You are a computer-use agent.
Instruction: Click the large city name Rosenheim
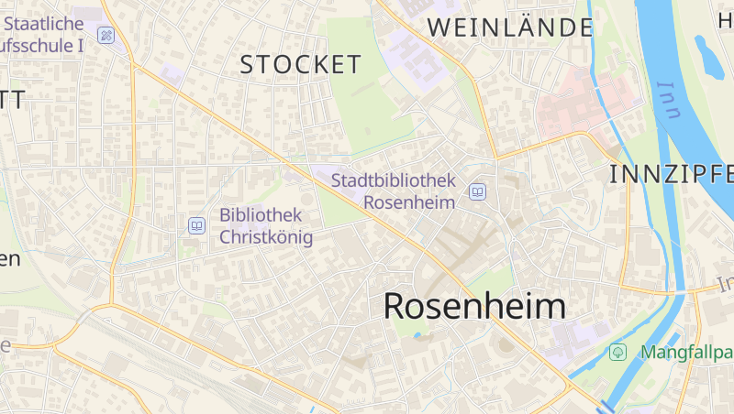click(x=474, y=306)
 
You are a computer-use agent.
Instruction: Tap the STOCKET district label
click(x=301, y=64)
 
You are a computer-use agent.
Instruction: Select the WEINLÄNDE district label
click(x=510, y=27)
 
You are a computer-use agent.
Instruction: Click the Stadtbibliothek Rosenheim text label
click(x=393, y=191)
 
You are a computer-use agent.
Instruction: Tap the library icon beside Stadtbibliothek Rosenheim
click(x=477, y=191)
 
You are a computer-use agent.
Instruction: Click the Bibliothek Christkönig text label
click(x=265, y=226)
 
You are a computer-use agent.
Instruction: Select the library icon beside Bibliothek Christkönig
click(x=196, y=225)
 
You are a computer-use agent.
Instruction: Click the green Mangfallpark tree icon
click(x=618, y=352)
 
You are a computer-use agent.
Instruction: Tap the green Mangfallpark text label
click(x=686, y=352)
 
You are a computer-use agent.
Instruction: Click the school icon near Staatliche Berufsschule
click(x=106, y=36)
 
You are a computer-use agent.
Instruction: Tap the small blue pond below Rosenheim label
click(x=418, y=335)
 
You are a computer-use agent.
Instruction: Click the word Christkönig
click(x=266, y=237)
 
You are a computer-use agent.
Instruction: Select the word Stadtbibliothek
click(x=393, y=180)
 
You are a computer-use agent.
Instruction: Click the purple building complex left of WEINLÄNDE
click(x=413, y=55)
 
